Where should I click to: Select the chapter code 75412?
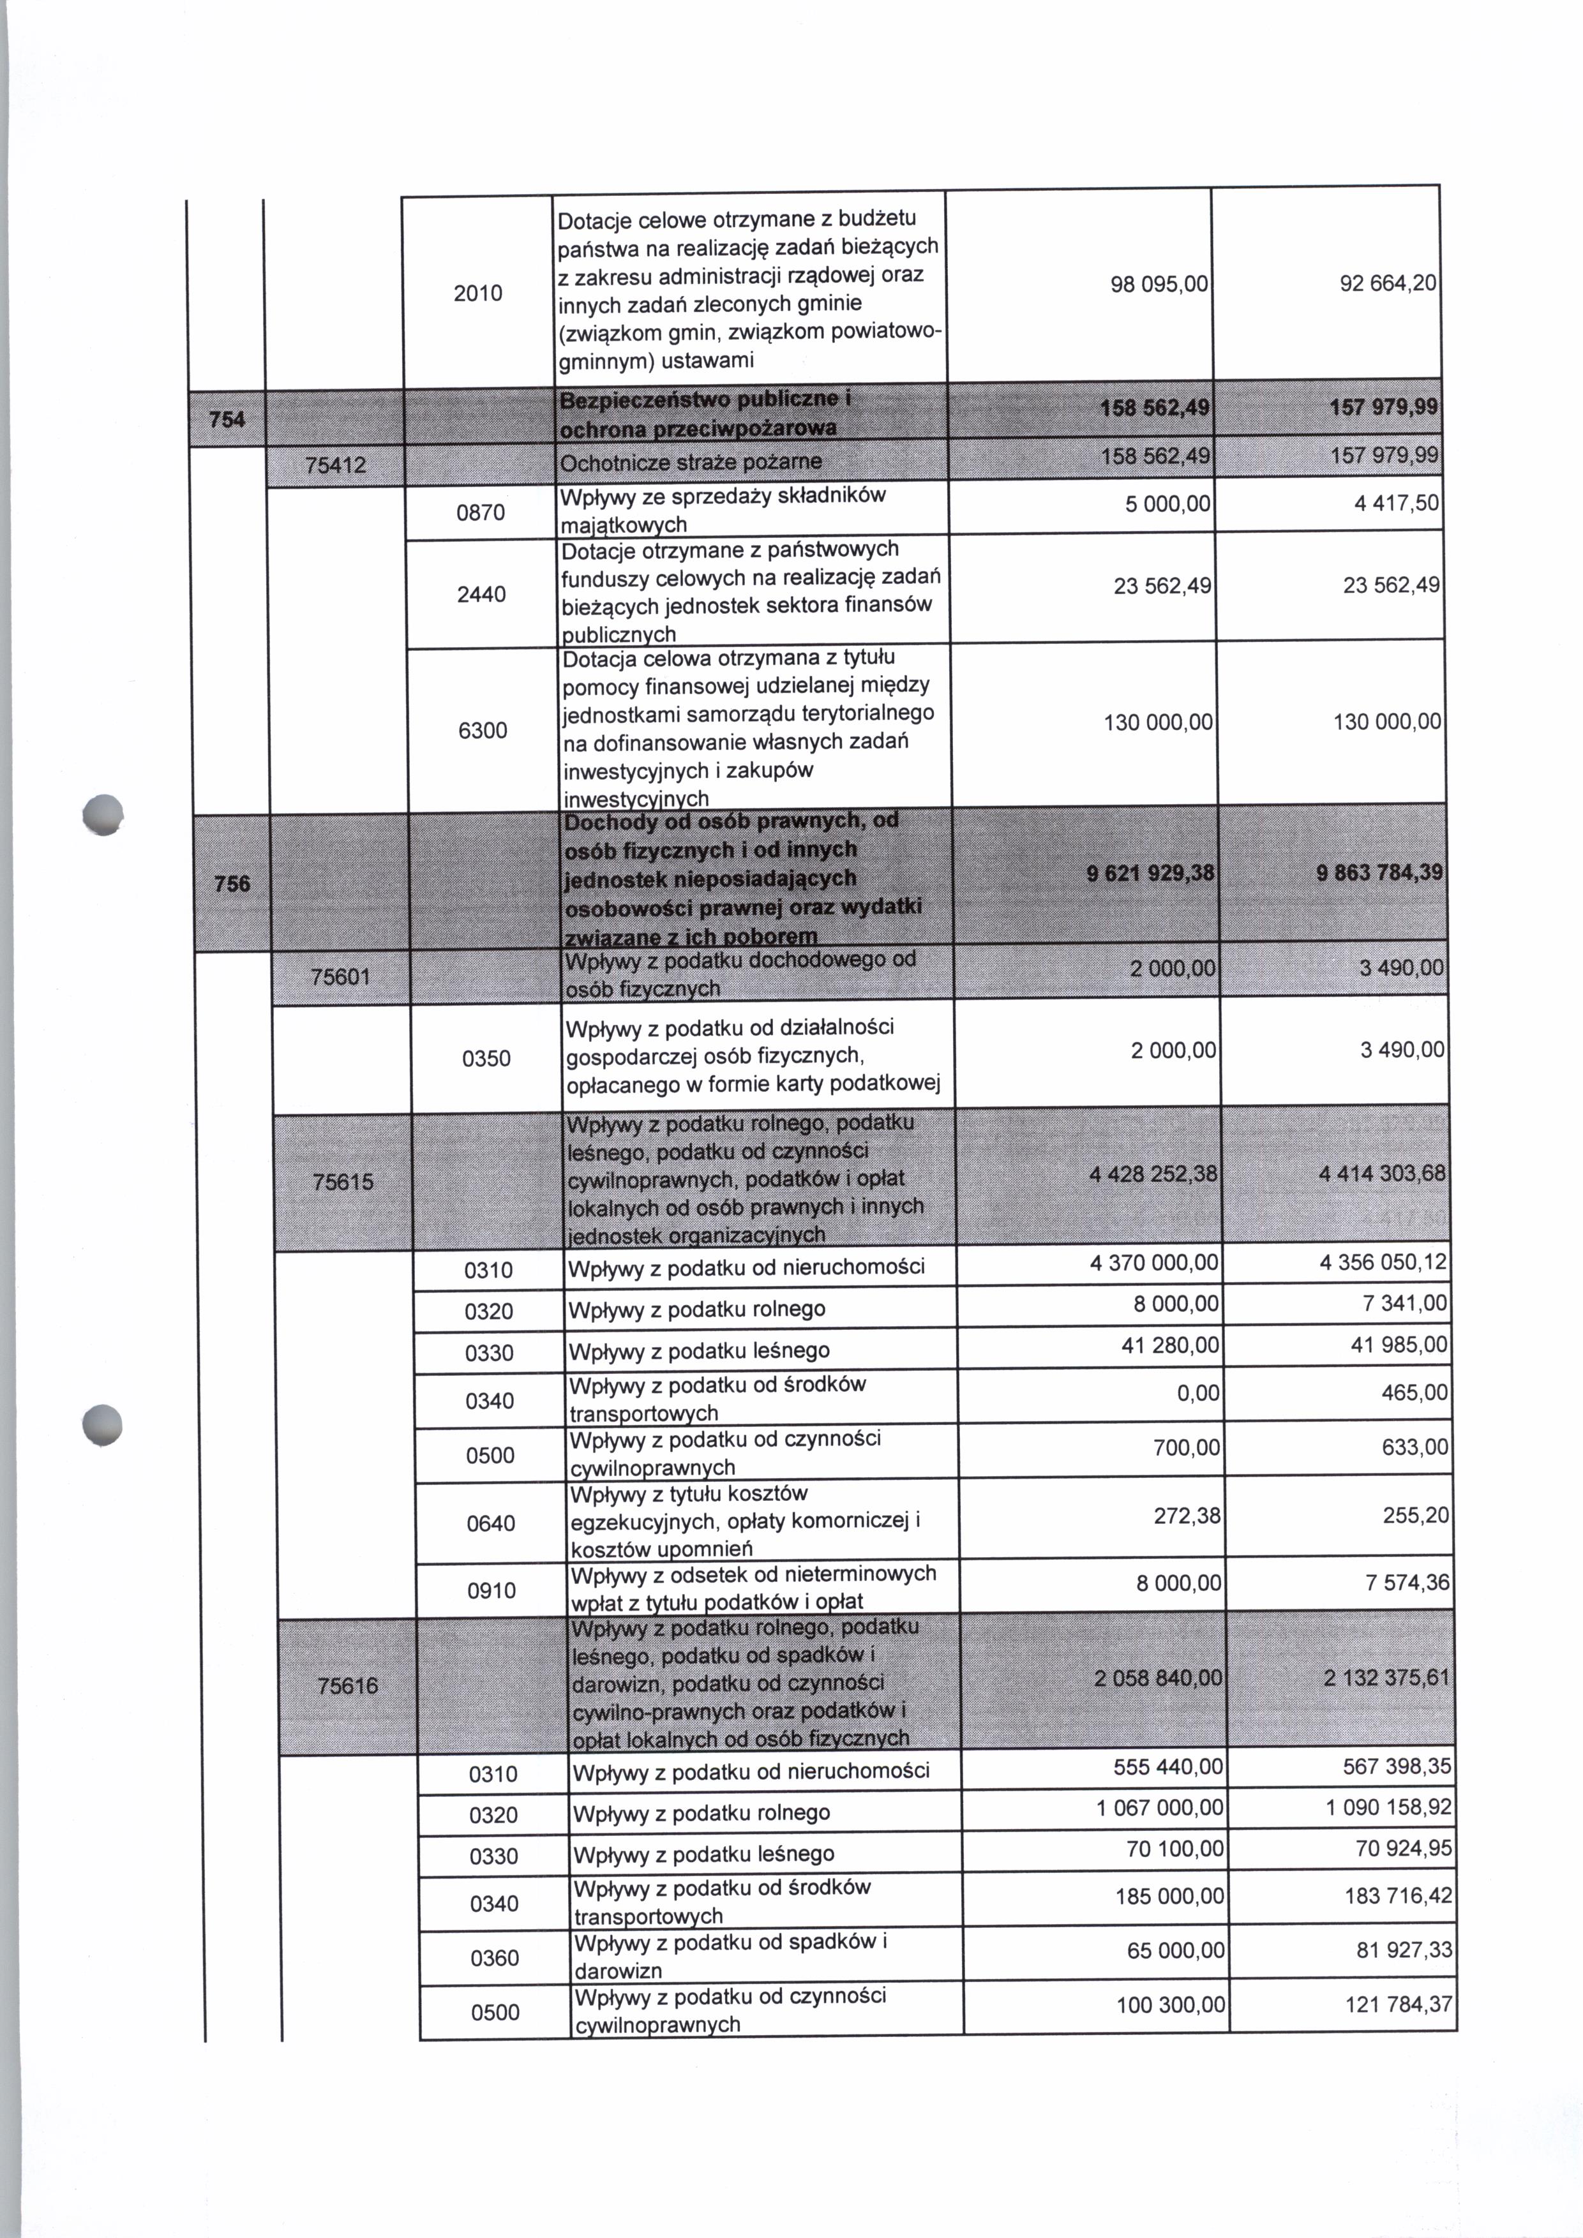335,466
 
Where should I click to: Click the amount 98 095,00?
1159,283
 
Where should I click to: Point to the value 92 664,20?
1388,283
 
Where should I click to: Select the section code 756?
232,884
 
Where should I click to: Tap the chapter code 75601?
340,976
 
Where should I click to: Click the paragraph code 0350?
486,1059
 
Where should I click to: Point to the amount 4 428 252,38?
1154,1174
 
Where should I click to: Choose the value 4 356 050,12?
1383,1262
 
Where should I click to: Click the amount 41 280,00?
1170,1345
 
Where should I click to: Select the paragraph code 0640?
490,1523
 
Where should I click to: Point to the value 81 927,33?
1405,1950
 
